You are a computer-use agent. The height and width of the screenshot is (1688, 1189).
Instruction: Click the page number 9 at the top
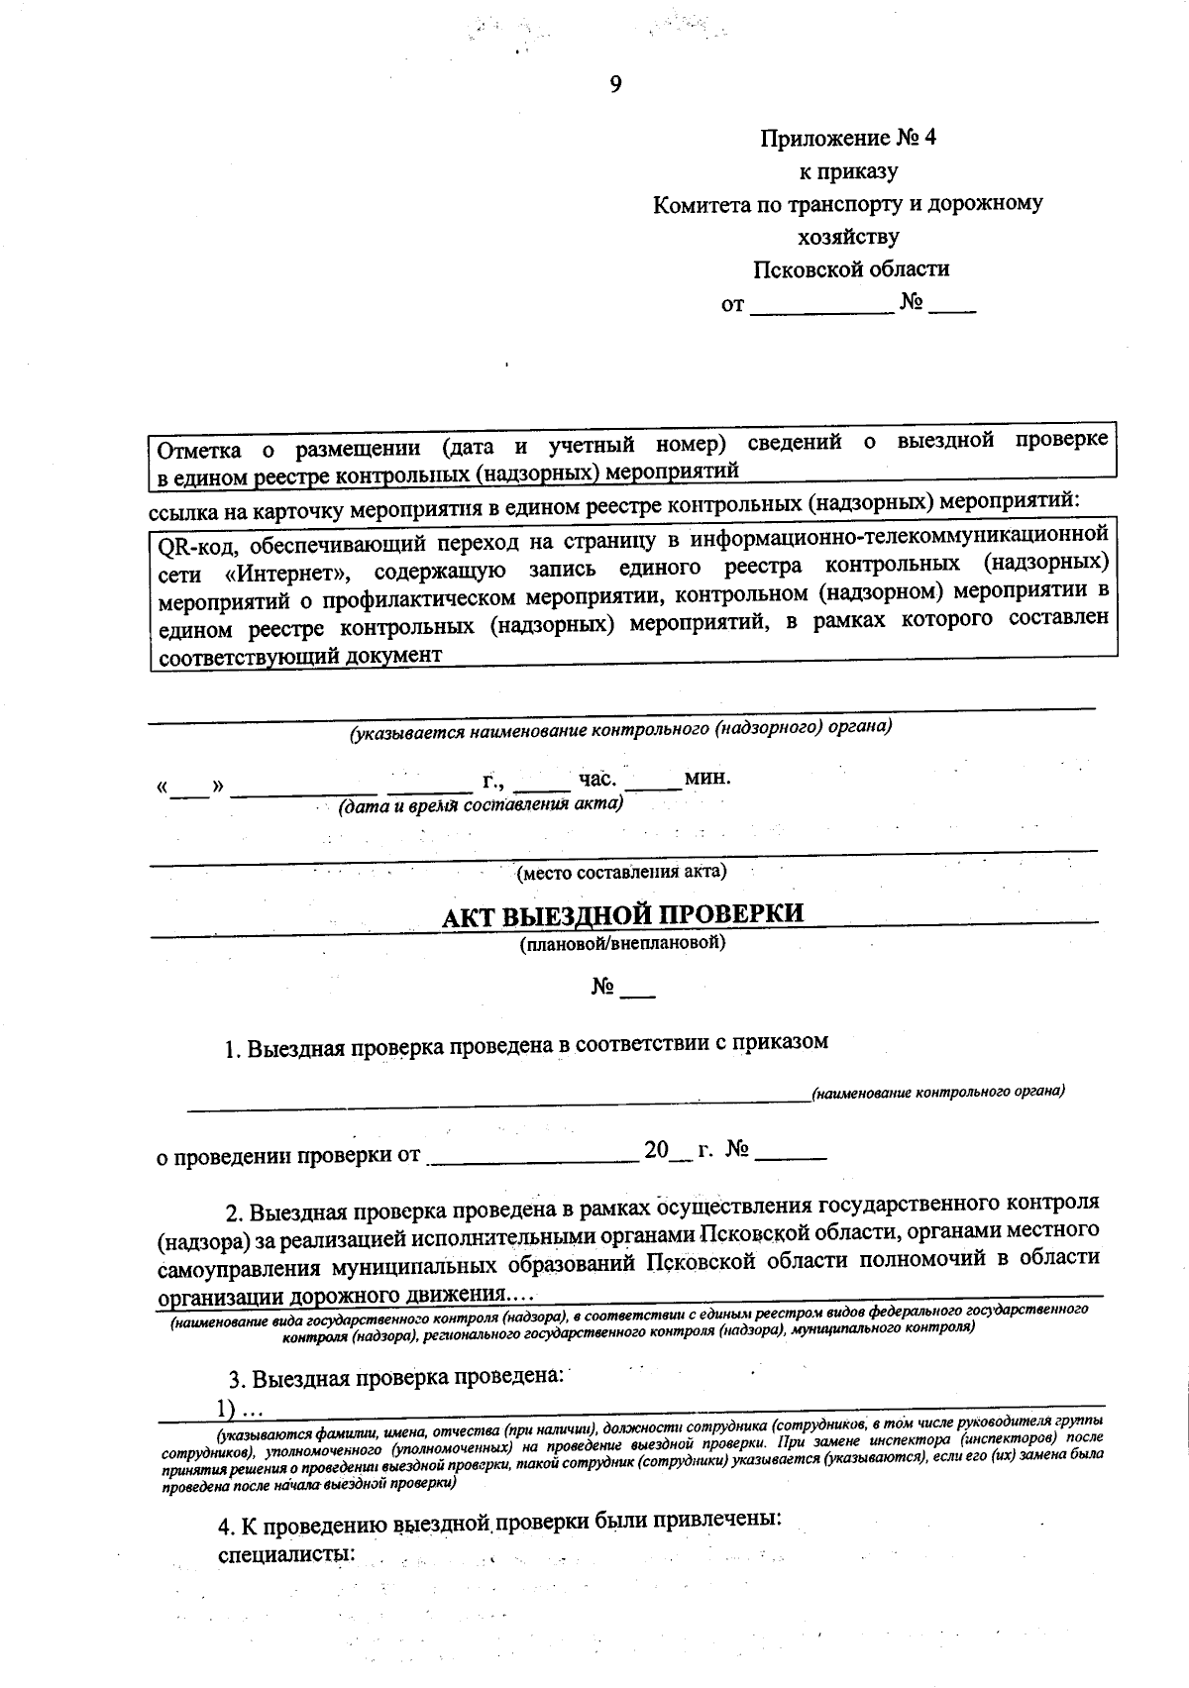(x=615, y=85)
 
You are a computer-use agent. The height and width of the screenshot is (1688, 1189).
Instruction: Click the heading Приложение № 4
(x=848, y=138)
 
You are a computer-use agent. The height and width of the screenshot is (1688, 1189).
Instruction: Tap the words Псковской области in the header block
(x=850, y=268)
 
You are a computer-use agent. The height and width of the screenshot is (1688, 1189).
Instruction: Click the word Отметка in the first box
(x=199, y=451)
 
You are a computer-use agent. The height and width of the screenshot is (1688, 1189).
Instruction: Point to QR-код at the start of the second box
(x=194, y=545)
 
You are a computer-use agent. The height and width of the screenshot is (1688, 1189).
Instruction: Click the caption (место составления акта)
(x=621, y=873)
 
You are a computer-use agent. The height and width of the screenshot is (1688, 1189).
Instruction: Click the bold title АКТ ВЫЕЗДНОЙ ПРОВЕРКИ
(x=622, y=913)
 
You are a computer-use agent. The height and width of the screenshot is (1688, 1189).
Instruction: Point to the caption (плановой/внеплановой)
(x=622, y=944)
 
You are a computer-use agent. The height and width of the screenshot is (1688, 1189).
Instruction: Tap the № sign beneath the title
(x=603, y=988)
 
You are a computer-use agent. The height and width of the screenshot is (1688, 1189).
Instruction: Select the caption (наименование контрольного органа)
(x=937, y=1093)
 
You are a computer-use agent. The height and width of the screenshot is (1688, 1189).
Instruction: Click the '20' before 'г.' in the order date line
(x=656, y=1151)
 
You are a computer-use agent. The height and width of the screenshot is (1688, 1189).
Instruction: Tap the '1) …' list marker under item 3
(x=240, y=1409)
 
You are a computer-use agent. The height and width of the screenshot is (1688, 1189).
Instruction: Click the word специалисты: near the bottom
(x=286, y=1552)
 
